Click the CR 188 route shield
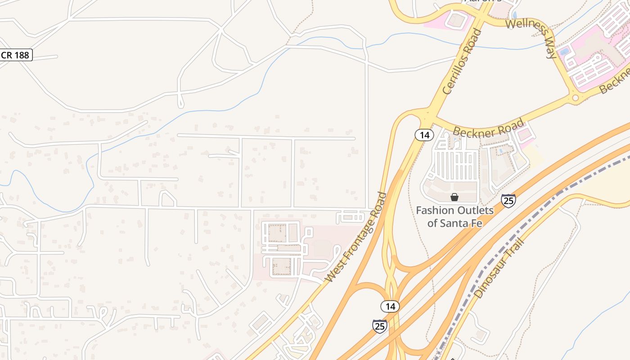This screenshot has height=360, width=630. [15, 55]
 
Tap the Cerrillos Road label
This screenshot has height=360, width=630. [462, 61]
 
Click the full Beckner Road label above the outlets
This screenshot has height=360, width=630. [489, 127]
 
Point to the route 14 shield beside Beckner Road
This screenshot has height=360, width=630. [424, 135]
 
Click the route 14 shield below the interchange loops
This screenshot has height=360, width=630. [390, 306]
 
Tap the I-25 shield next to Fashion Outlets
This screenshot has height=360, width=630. [508, 200]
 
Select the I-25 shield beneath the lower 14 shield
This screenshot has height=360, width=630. [380, 326]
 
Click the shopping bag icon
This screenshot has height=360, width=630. [454, 197]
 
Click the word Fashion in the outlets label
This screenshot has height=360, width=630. [435, 210]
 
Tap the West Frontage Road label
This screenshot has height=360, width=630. [356, 238]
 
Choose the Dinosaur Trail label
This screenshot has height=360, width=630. [499, 268]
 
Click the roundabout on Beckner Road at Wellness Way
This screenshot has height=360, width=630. [575, 98]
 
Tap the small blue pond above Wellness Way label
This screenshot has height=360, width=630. [514, 15]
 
